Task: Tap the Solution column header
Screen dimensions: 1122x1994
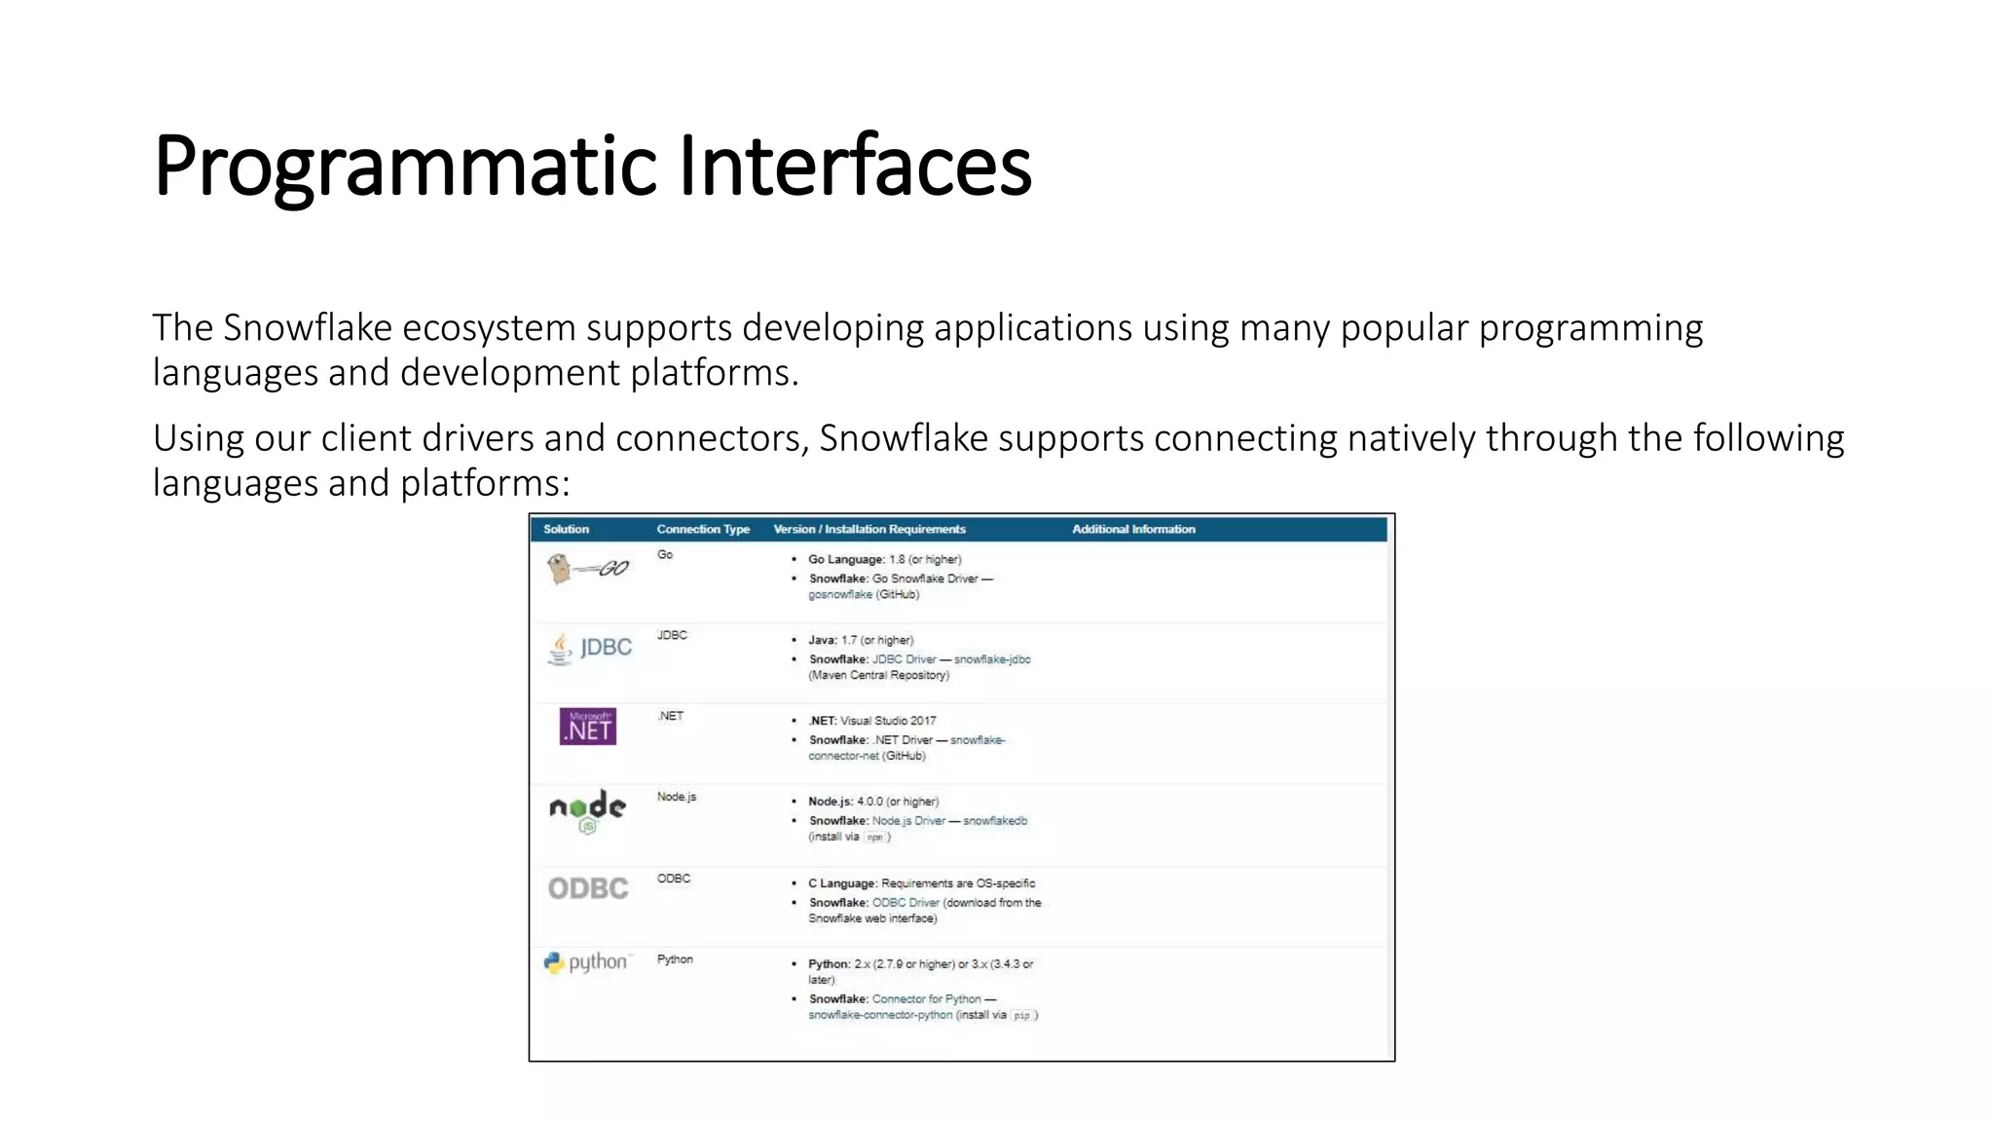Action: (566, 529)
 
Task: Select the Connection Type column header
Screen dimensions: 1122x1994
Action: (703, 529)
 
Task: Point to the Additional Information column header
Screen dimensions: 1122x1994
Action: (1133, 529)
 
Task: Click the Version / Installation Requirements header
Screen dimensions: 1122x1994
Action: (869, 529)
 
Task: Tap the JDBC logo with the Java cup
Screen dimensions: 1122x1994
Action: (590, 648)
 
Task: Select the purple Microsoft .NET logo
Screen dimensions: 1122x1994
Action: (588, 727)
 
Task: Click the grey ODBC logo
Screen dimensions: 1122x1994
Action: (588, 888)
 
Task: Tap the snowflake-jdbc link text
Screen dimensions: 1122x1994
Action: (992, 659)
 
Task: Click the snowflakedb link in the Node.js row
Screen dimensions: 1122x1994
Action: (995, 821)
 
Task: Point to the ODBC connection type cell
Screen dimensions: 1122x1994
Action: (674, 879)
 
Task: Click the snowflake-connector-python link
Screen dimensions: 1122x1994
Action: (880, 1015)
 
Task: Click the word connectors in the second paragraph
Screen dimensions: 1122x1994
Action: (710, 439)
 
